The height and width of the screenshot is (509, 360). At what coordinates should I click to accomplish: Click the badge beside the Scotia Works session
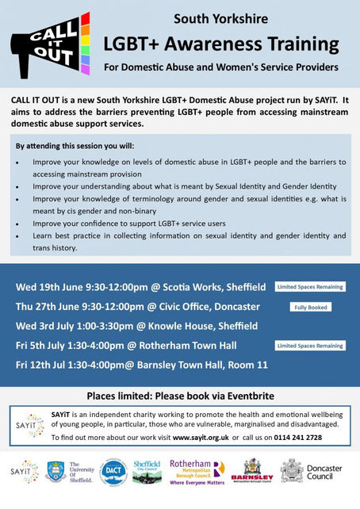coord(309,286)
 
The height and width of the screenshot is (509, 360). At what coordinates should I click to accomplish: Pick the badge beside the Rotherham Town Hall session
coord(309,346)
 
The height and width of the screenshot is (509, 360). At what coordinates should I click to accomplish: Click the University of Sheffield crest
coord(56,472)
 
